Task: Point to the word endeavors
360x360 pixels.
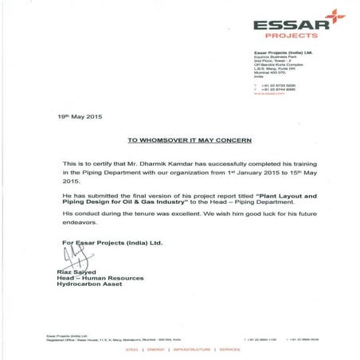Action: (x=77, y=225)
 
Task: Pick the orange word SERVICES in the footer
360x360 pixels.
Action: (x=230, y=347)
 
